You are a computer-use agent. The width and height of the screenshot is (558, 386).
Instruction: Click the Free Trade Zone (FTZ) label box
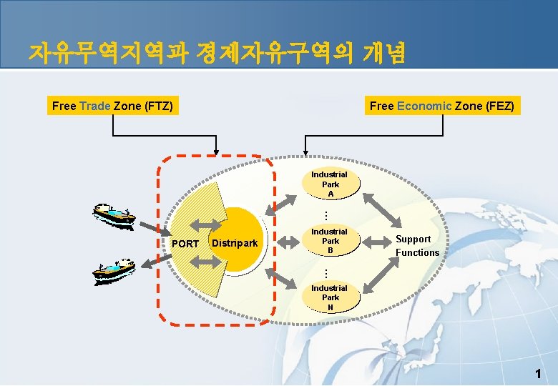tap(112, 107)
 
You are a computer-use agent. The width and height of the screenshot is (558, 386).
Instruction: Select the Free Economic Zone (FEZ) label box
tap(441, 107)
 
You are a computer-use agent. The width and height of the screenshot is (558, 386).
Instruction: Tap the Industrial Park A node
tap(330, 184)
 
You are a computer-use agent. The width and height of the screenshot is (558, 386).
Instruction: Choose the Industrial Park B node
tap(329, 241)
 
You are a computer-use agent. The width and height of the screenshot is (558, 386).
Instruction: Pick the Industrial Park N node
tap(330, 297)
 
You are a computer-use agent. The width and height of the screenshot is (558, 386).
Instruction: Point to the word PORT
tap(186, 244)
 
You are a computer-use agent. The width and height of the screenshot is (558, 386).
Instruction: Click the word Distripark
tap(235, 244)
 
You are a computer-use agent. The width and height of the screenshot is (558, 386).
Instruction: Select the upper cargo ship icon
tap(114, 214)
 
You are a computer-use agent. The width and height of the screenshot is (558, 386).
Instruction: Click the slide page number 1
tap(538, 373)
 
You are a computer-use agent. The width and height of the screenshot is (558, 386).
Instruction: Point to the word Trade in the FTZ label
tap(94, 107)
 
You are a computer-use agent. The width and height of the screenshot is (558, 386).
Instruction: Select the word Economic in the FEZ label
tap(424, 107)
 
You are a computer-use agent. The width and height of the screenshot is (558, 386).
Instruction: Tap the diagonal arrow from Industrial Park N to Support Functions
tap(383, 276)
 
